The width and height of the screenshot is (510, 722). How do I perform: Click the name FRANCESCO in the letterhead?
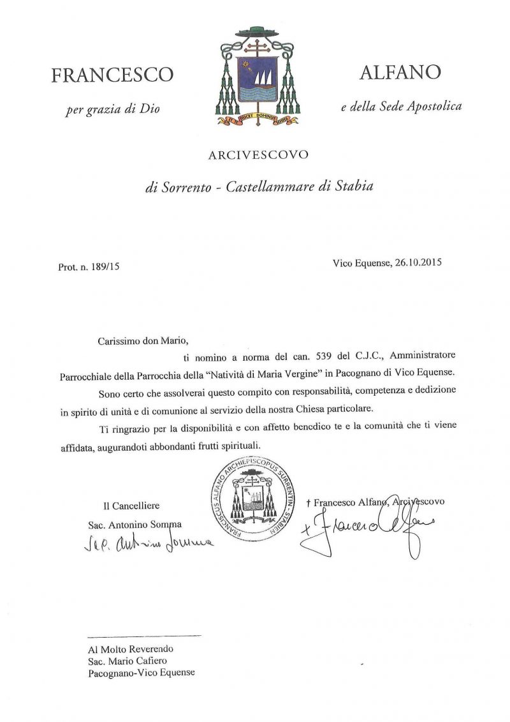coord(112,75)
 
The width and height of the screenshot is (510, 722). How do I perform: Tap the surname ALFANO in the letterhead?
coord(400,73)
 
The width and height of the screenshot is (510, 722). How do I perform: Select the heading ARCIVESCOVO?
coord(258,155)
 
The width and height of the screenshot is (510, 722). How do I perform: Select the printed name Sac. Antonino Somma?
coord(135,525)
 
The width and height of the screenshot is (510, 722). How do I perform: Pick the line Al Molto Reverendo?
coord(131,649)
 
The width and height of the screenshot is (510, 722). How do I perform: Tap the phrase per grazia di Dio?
coord(112,109)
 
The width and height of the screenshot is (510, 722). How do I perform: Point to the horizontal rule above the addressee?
coord(144,636)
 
